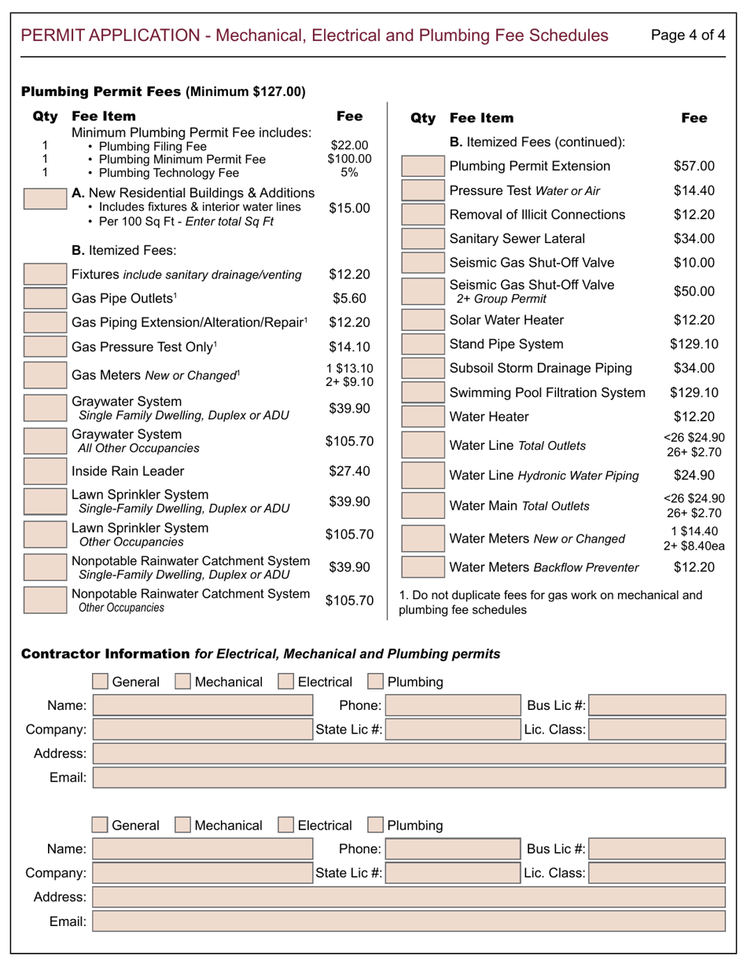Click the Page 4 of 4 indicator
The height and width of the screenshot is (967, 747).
click(688, 35)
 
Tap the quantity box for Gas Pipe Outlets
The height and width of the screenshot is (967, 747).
click(45, 299)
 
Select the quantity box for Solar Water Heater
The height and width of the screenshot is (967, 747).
click(422, 321)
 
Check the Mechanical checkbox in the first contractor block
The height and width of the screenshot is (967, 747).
click(182, 682)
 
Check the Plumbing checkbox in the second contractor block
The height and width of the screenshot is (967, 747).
click(376, 825)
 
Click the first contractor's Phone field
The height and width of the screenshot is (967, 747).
click(452, 706)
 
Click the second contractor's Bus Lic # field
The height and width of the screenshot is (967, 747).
click(657, 849)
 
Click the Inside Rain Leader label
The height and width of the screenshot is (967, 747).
click(127, 472)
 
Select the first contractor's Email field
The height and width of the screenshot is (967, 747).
click(409, 778)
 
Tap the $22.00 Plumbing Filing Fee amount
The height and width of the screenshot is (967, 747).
click(349, 145)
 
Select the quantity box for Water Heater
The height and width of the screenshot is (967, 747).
click(422, 417)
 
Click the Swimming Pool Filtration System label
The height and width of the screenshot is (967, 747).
click(547, 392)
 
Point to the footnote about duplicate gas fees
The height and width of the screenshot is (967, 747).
click(550, 602)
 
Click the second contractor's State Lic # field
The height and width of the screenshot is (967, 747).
click(452, 873)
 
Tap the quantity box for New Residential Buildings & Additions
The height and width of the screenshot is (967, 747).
click(45, 198)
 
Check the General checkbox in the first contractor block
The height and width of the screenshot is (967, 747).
click(100, 682)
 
